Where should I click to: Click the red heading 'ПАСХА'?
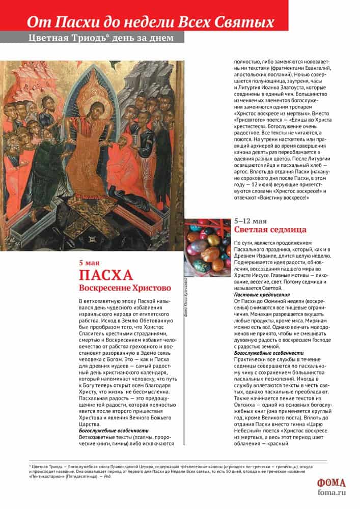pos(105,276)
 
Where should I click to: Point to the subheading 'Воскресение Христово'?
pos(124,288)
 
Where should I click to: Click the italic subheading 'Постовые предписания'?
pos(262,295)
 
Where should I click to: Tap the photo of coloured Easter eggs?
pos(207,246)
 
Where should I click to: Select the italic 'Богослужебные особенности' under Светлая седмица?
pos(268,353)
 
